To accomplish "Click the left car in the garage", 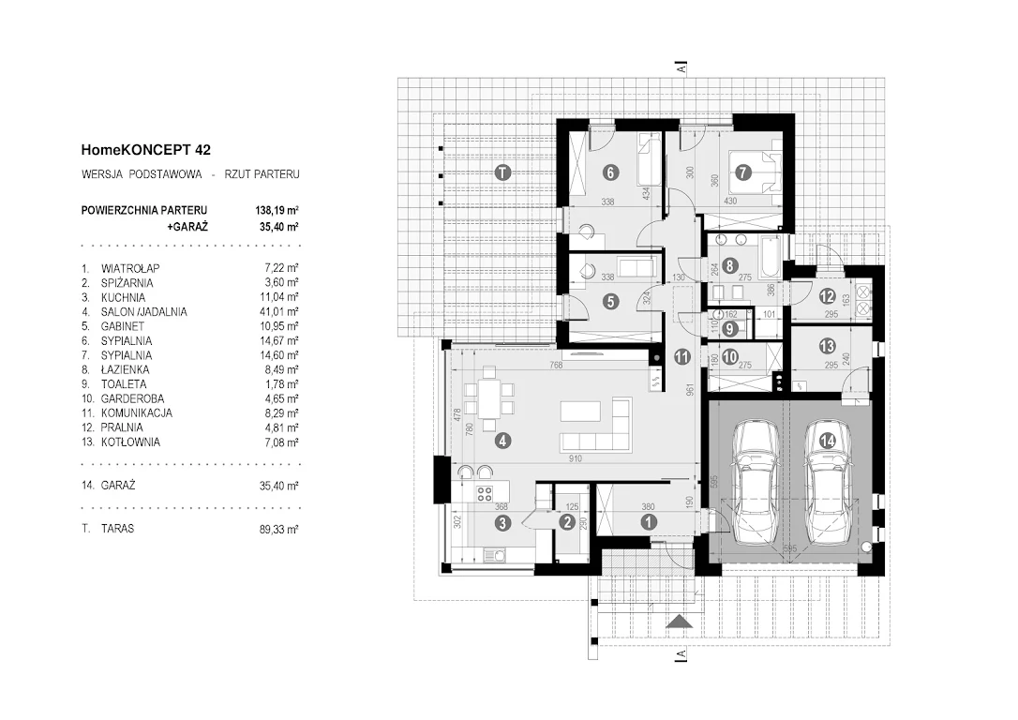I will pyautogui.click(x=756, y=480).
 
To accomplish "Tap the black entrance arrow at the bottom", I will pyautogui.click(x=681, y=621).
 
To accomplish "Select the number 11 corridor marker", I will pyautogui.click(x=681, y=355).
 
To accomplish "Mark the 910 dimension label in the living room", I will pyautogui.click(x=575, y=459).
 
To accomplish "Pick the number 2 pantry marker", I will pyautogui.click(x=566, y=522).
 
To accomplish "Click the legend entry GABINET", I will pyautogui.click(x=123, y=325).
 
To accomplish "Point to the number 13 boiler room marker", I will pyautogui.click(x=826, y=346).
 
